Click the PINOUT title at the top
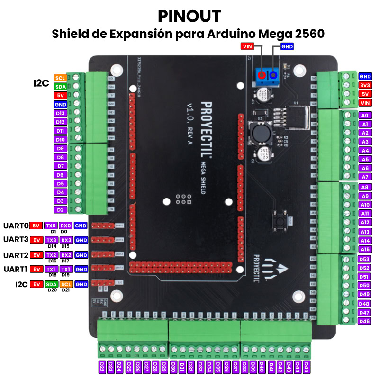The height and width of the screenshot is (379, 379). click(x=189, y=16)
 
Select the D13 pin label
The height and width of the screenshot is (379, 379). click(x=60, y=113)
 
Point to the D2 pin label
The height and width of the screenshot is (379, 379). click(x=60, y=209)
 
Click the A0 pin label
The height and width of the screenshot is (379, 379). click(x=365, y=115)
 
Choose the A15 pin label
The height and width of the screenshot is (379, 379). click(x=365, y=249)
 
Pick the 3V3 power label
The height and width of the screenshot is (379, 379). click(x=365, y=85)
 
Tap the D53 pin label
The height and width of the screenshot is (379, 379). click(x=364, y=259)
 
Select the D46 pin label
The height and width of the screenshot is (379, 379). click(x=364, y=321)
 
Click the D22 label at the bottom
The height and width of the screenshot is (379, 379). click(x=102, y=367)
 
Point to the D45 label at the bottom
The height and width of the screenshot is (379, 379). click(x=307, y=367)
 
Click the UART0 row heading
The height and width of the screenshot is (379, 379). click(x=16, y=226)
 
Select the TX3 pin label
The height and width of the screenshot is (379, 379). click(x=52, y=240)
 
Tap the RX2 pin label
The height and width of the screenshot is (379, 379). click(x=66, y=255)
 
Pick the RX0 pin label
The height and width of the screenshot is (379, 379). click(x=66, y=226)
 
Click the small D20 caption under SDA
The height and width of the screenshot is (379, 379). click(x=52, y=290)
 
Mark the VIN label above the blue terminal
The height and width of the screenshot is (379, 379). click(x=247, y=46)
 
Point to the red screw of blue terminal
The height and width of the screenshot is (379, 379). click(x=262, y=75)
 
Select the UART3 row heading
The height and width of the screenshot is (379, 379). click(x=16, y=240)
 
